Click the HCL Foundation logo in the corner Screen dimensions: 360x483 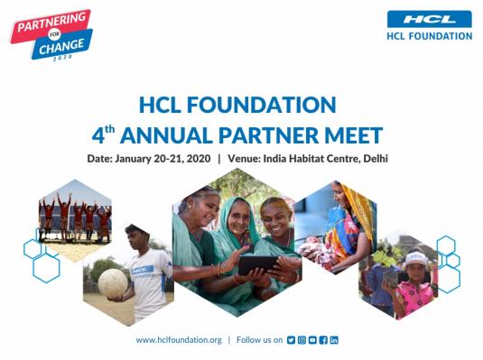[x=429, y=24]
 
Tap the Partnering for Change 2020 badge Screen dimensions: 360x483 [x=51, y=34]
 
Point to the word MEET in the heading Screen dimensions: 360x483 [x=354, y=135]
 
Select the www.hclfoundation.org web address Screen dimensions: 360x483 [x=179, y=339]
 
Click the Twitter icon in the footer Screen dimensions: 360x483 [x=291, y=339]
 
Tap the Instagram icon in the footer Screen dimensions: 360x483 [x=302, y=339]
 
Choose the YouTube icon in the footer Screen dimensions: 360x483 [x=312, y=339]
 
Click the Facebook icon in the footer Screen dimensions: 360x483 [x=323, y=339]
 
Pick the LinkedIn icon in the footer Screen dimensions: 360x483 [x=334, y=339]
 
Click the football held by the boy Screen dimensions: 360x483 [x=114, y=281]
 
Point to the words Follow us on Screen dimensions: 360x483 [x=259, y=339]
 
